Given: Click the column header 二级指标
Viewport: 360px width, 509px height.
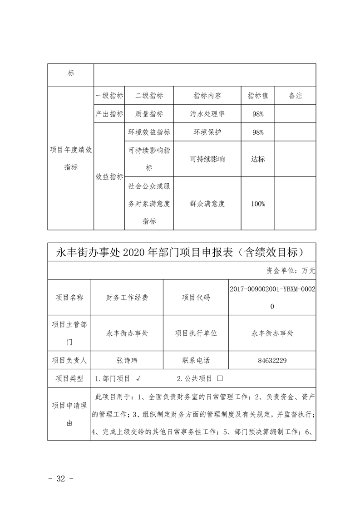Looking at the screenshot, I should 149,96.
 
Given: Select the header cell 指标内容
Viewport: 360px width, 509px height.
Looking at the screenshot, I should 207,96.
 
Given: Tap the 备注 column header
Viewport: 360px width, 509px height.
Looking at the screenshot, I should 295,96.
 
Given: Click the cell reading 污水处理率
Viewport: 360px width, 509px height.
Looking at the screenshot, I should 207,114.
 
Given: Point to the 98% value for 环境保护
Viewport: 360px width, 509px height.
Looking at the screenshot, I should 258,132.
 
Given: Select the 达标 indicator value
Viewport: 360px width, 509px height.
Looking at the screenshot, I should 258,159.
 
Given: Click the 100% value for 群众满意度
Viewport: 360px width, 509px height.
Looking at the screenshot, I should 258,204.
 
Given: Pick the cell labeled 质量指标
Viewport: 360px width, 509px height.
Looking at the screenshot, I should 149,114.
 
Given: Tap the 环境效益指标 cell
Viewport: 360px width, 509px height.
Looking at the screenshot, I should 149,132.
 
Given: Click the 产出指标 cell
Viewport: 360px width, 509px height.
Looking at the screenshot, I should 109,114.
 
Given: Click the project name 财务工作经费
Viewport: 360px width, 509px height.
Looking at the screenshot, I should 127,298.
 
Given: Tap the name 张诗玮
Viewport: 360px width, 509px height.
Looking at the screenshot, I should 127,361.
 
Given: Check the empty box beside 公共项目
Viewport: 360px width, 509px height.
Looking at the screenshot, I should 220,378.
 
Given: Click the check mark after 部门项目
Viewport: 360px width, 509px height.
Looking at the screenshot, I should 138,378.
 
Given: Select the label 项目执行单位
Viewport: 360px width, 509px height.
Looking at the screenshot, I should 196,333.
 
